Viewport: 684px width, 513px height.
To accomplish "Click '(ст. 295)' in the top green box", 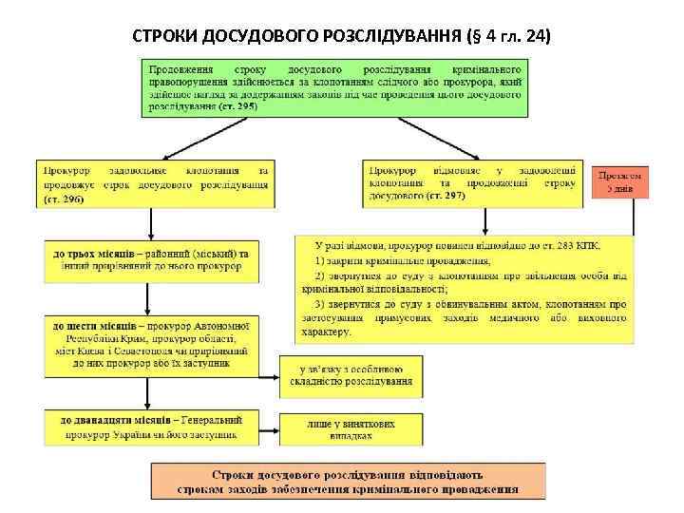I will point(237,107).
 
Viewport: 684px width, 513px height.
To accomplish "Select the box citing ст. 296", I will point(157,182).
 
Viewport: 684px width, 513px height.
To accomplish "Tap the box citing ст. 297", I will point(472,182).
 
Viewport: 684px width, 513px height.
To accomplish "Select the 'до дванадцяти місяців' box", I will point(152,426).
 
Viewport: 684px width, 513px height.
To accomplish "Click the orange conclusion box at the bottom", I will point(349,481).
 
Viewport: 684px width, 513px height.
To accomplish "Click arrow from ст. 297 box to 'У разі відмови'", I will point(484,220).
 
